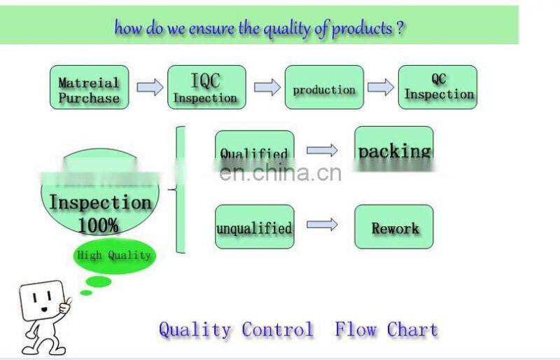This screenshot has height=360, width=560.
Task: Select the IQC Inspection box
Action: tap(206, 88)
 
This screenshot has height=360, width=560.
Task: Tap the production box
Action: tap(324, 88)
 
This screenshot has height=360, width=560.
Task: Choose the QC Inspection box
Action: tap(438, 88)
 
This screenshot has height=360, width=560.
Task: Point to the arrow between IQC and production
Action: tap(267, 88)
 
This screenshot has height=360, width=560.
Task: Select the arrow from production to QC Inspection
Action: tap(381, 88)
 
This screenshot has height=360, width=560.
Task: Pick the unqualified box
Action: tap(254, 228)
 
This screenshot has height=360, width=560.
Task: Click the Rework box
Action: tap(394, 228)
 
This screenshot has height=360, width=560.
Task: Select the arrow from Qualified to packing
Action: tap(322, 150)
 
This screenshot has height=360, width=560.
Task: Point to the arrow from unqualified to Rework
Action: tap(322, 225)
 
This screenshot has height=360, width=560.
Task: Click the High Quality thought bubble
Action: tap(113, 256)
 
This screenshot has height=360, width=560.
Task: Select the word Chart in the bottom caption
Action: tap(412, 329)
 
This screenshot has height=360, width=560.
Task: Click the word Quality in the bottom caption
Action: tap(195, 329)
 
